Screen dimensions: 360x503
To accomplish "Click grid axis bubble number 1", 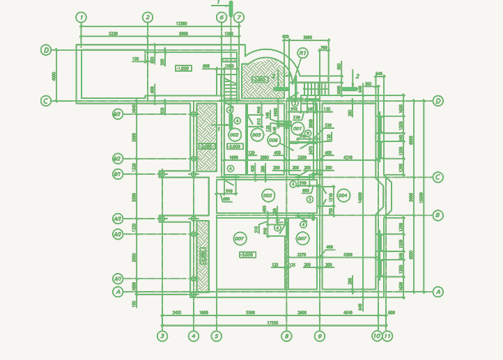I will tap(82, 17).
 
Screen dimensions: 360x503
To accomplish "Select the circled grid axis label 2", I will tap(148, 17).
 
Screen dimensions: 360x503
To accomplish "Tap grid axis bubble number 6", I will tap(222, 17).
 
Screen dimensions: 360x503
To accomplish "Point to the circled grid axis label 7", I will tap(239, 17).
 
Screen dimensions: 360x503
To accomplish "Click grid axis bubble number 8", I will tap(286, 336).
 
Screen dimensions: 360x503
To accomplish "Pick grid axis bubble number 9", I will tap(320, 336).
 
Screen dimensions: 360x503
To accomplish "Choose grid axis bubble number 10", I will tap(377, 336).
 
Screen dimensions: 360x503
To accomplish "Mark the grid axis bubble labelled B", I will tap(438, 215).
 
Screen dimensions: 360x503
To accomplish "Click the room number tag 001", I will tap(297, 129).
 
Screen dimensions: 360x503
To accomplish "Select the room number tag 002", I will tap(234, 134).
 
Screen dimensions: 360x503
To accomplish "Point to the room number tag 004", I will tap(343, 196).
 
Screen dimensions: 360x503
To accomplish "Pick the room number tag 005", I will tap(256, 134).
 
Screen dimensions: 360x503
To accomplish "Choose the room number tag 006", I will tap(274, 140).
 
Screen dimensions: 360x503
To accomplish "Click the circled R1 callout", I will tap(302, 53).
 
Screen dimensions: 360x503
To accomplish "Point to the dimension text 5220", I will tap(114, 33).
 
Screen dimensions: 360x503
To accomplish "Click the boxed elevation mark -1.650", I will tap(183, 68).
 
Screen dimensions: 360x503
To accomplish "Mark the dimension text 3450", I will tap(177, 313).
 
